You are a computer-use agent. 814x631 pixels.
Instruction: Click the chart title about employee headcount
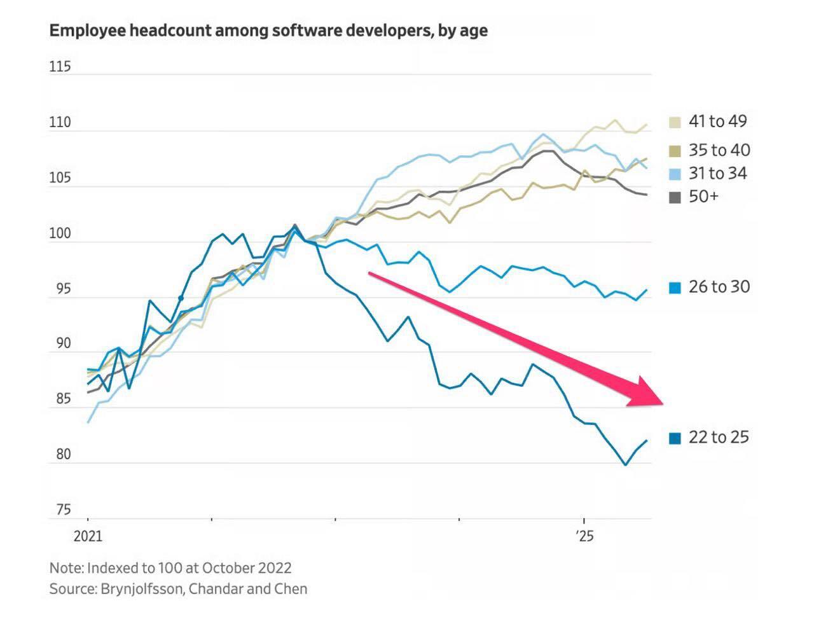[268, 31]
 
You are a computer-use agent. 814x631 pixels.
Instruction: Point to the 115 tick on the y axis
[60, 67]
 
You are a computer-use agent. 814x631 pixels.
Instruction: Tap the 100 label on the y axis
[60, 233]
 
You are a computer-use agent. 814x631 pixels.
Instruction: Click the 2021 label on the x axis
[88, 536]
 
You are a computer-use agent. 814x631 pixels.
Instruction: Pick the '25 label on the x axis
[584, 536]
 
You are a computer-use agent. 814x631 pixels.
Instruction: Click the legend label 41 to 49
[717, 121]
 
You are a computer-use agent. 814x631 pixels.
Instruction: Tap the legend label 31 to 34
[717, 173]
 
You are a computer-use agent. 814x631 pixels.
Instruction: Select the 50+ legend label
[703, 196]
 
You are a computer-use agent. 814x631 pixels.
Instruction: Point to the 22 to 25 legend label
[719, 437]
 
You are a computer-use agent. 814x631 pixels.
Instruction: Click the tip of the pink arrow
[663, 404]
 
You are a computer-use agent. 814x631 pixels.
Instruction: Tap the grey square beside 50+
[675, 197]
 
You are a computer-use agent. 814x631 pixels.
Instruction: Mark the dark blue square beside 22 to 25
[675, 438]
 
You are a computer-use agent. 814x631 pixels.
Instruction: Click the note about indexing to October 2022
[170, 567]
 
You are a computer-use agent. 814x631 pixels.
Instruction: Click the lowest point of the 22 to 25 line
[625, 465]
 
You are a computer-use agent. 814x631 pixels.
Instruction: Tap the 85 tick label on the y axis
[63, 399]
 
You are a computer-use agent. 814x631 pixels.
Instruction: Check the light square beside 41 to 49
[675, 122]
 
